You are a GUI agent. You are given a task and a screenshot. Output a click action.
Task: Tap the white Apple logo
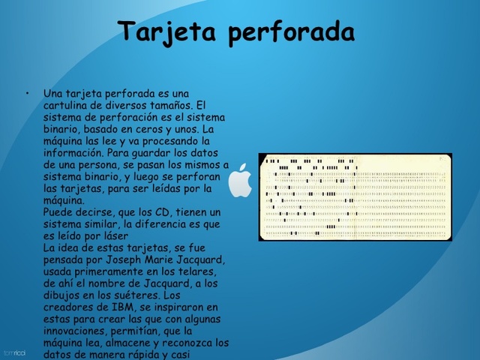pyautogui.click(x=240, y=180)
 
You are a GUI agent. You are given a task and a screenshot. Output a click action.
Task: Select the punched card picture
pyautogui.click(x=356, y=196)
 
